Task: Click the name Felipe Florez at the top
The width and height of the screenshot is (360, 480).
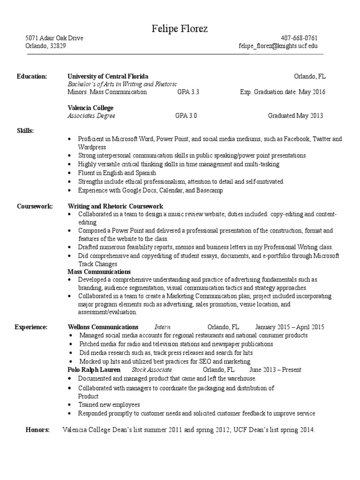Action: pyautogui.click(x=180, y=29)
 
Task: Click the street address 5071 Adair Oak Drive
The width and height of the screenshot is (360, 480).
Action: pyautogui.click(x=54, y=38)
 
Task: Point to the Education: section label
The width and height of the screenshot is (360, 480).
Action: pyautogui.click(x=32, y=76)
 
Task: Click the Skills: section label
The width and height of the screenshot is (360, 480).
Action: pyautogui.click(x=25, y=131)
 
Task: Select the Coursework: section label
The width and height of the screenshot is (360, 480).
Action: pyautogui.click(x=35, y=206)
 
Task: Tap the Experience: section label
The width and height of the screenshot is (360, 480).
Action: pyautogui.click(x=31, y=327)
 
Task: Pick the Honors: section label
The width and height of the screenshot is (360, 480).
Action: pyautogui.click(x=37, y=430)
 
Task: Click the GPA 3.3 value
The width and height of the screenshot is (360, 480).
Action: pyautogui.click(x=188, y=92)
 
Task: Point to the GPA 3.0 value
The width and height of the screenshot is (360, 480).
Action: pyautogui.click(x=186, y=116)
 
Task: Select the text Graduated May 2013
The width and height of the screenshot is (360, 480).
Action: pyautogui.click(x=295, y=116)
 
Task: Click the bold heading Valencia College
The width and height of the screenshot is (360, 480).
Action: pyautogui.click(x=90, y=108)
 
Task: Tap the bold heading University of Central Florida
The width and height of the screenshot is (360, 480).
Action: pyautogui.click(x=108, y=76)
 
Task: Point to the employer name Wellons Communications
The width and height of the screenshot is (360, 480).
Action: pyautogui.click(x=103, y=327)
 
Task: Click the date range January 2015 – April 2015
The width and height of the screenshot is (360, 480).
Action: pyautogui.click(x=290, y=327)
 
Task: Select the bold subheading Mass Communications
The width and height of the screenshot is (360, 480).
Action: pyautogui.click(x=99, y=272)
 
